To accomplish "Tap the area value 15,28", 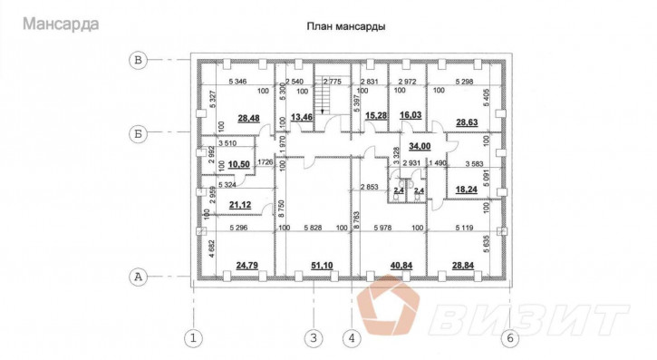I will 375,117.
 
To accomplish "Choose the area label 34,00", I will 420,144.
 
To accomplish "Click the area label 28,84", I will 464,265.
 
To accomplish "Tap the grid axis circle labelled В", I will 139,61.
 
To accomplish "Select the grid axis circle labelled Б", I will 139,136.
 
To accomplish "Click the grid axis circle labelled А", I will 139,276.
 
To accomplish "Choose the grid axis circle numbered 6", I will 509,339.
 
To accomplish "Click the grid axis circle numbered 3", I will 313,339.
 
